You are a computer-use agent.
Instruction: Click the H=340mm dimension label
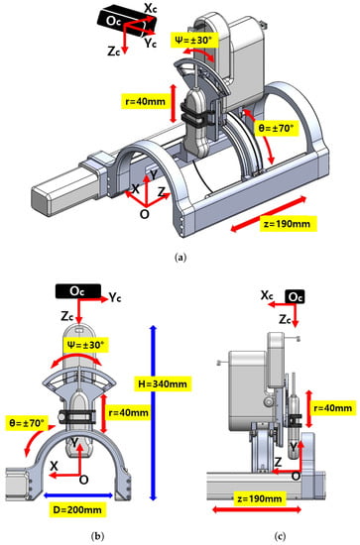tap(163, 383)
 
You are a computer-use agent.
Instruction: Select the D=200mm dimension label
tap(77, 509)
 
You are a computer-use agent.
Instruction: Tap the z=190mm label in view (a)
tap(287, 224)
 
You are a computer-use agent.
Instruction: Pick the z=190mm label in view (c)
tap(259, 498)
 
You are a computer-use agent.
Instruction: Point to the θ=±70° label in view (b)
tap(27, 423)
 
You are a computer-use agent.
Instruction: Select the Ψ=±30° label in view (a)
tap(195, 41)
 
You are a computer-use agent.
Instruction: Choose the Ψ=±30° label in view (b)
tap(85, 345)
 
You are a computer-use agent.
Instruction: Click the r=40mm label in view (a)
tap(146, 101)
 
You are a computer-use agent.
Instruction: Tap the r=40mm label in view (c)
tap(333, 407)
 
